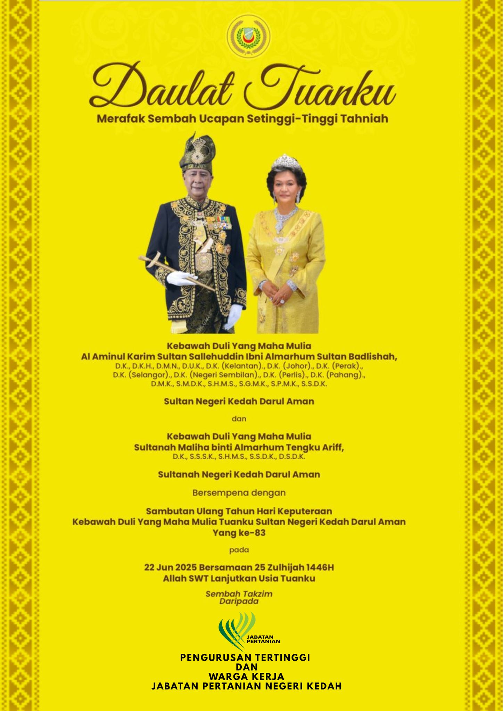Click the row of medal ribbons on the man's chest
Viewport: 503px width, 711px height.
[221, 220]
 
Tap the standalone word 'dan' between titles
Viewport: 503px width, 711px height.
[239, 419]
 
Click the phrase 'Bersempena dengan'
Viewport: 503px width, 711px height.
[239, 492]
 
